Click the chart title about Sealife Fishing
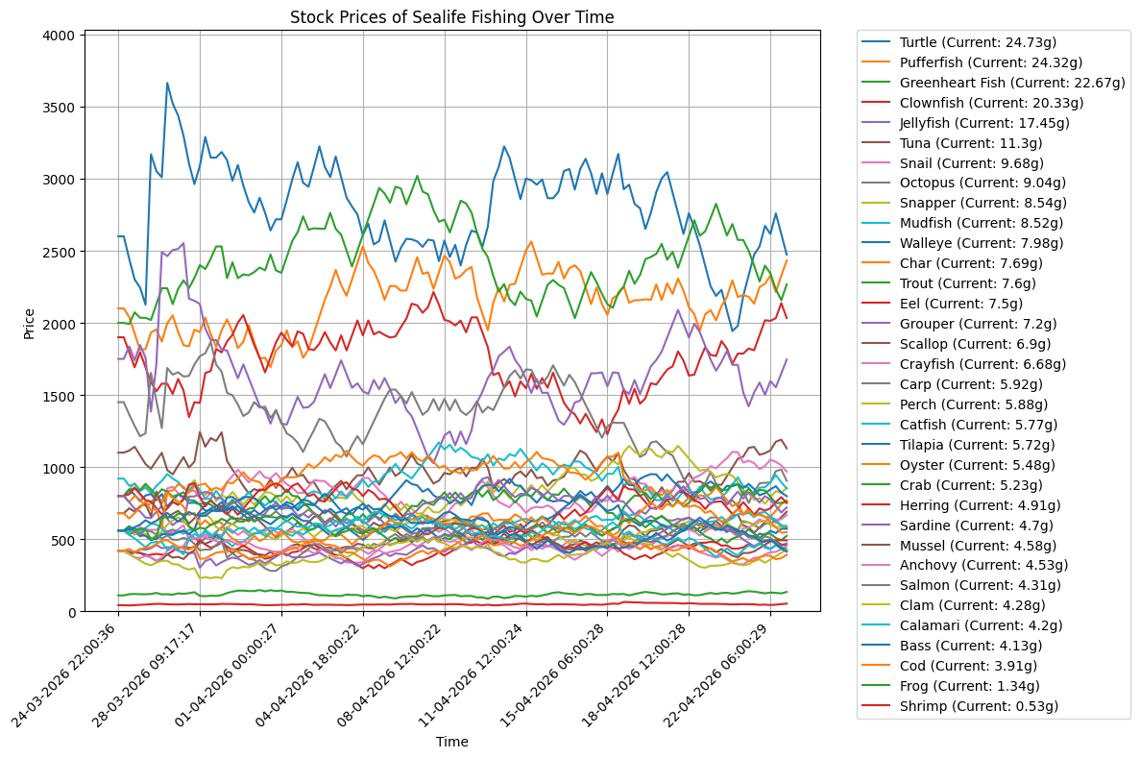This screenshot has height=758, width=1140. (451, 16)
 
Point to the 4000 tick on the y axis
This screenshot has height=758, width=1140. (61, 36)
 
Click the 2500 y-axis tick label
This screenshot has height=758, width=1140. (61, 252)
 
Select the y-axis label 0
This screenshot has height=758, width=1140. (73, 612)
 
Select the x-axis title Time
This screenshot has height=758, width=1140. (451, 742)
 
